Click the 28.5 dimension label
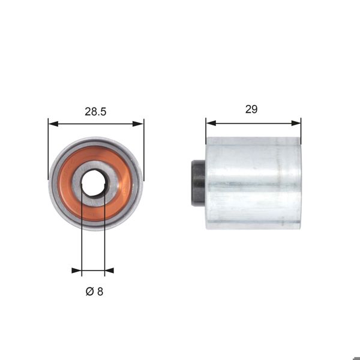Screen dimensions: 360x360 [x=96, y=112]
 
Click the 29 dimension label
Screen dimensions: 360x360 [x=251, y=109]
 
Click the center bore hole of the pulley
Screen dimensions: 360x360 [x=93, y=182]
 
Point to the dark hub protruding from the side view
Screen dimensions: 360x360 [x=198, y=184]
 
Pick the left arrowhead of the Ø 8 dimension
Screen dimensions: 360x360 [x=77, y=271]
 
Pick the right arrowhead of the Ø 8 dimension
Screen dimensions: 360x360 [x=109, y=271]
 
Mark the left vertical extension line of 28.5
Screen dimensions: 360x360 [x=48, y=150]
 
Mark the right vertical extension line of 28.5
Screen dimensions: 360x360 [x=144, y=150]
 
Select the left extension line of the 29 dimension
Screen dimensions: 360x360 [x=206, y=129]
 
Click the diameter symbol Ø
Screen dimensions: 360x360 [x=89, y=292]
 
